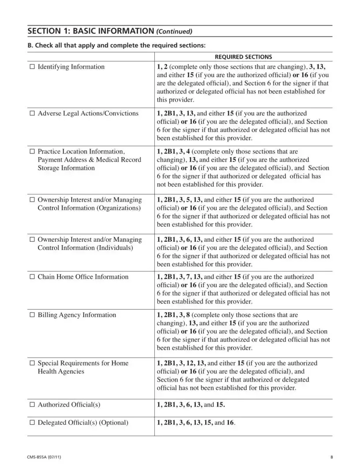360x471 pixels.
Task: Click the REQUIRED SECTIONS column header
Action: click(243, 57)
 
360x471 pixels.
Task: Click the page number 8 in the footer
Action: click(331, 457)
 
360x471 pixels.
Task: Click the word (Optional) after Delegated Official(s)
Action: click(114, 423)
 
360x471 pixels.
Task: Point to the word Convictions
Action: click(120, 114)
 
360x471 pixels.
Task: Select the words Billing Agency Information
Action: click(77, 315)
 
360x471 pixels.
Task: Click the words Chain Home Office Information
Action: click(83, 277)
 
